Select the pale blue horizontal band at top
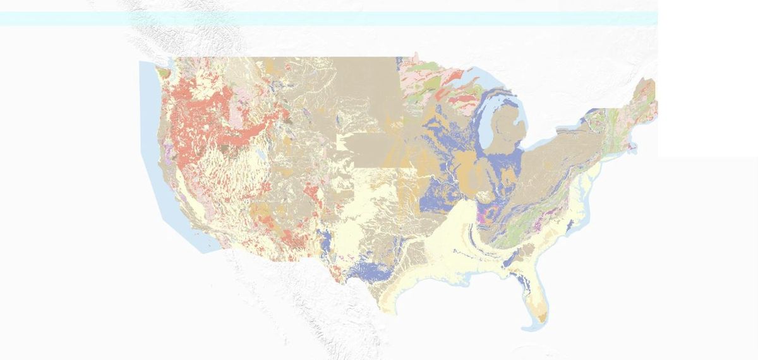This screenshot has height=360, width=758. pyautogui.click(x=328, y=18)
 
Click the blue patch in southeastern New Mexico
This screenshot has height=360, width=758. pyautogui.click(x=325, y=241)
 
